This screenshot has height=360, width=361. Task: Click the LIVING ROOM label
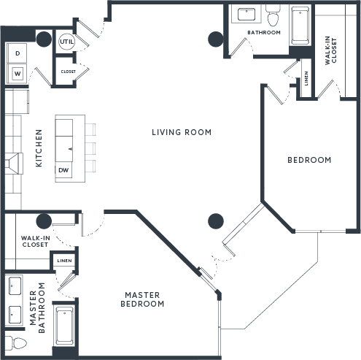pos(182,132)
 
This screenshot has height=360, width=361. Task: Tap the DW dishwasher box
pos(63,170)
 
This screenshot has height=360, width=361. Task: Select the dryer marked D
pos(17,53)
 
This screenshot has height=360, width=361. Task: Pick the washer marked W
pos(17,73)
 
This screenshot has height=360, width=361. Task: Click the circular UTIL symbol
pos(66,42)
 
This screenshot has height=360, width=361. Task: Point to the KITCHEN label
pos(39,148)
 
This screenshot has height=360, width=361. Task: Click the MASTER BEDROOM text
pos(142,299)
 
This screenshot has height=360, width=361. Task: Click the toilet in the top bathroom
pos(273,15)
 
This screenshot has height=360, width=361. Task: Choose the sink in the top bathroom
pos(247,15)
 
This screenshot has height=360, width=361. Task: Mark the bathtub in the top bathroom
pos(300,25)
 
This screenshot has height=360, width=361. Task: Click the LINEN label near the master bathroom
pos(64,261)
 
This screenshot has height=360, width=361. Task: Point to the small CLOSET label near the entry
pos(69,72)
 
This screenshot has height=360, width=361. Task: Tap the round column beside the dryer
pos(44,39)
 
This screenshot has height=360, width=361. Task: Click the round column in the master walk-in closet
pos(44,221)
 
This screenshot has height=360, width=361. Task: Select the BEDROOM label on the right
pos(309,160)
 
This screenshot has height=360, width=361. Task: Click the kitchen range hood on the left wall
pos(15,164)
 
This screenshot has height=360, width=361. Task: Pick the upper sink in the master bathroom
pos(15,286)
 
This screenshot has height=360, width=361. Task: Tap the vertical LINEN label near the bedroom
pos(306,78)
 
